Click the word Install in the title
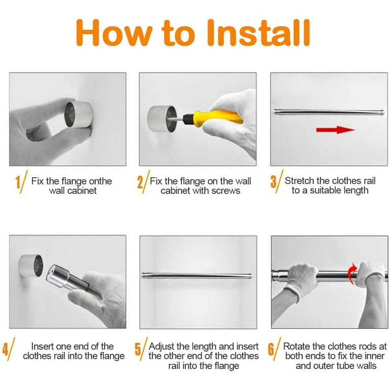point(259,33)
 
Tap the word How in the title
point(114,33)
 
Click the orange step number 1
point(18,182)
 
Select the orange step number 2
point(140,182)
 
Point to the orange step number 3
point(273,182)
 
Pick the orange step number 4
point(6,349)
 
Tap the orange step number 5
point(138,349)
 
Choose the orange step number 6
point(271,349)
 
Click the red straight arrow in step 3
point(335,130)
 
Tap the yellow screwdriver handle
point(218,118)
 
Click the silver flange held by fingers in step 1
point(79,114)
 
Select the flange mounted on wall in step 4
point(31,265)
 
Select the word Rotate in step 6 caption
point(297,346)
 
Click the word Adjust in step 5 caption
point(162,346)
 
